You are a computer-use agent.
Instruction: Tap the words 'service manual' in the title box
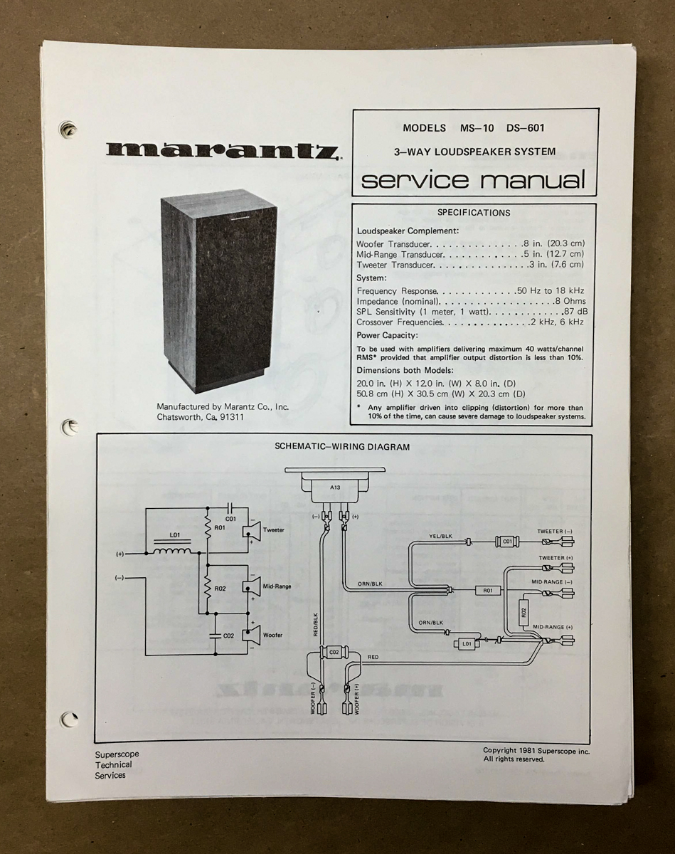(x=473, y=179)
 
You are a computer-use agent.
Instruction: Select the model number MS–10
(x=477, y=128)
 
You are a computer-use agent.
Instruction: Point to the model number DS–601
(x=526, y=128)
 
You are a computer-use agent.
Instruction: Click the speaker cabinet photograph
(x=219, y=291)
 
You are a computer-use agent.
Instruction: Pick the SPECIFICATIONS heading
(x=474, y=212)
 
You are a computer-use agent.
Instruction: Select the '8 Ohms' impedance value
(x=570, y=301)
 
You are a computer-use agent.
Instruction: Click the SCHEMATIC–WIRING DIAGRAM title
(x=342, y=447)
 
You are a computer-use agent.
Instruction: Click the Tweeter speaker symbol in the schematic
(x=250, y=529)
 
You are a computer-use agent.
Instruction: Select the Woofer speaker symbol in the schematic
(x=250, y=635)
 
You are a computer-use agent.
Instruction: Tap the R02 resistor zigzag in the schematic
(x=207, y=587)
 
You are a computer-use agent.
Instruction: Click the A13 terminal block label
(x=335, y=487)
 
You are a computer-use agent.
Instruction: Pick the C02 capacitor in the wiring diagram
(x=334, y=652)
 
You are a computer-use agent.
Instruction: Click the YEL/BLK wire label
(x=440, y=536)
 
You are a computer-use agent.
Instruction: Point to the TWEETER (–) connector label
(x=555, y=532)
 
